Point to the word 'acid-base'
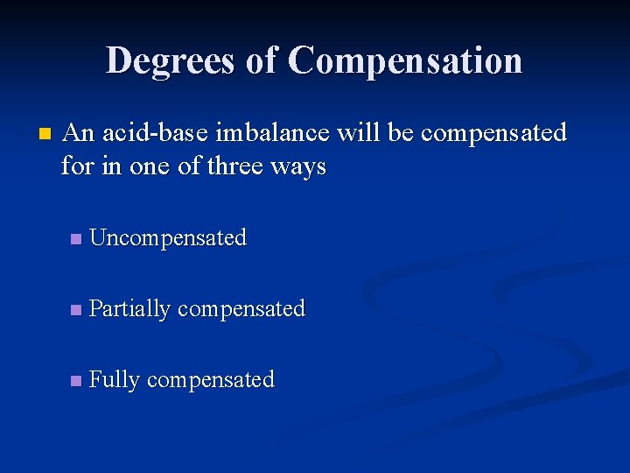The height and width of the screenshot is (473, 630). click(155, 133)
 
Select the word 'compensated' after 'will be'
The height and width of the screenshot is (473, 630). click(493, 133)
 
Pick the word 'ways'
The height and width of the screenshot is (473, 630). click(298, 166)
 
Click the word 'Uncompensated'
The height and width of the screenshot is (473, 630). click(168, 237)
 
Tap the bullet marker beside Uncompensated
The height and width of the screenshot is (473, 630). click(75, 238)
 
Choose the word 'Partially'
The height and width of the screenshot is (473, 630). click(130, 308)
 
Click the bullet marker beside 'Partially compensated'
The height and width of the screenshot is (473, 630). click(75, 309)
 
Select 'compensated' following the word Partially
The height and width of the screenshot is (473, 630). click(241, 308)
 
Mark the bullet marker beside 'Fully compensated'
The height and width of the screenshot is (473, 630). click(75, 380)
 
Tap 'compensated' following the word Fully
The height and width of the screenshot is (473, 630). click(210, 379)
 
